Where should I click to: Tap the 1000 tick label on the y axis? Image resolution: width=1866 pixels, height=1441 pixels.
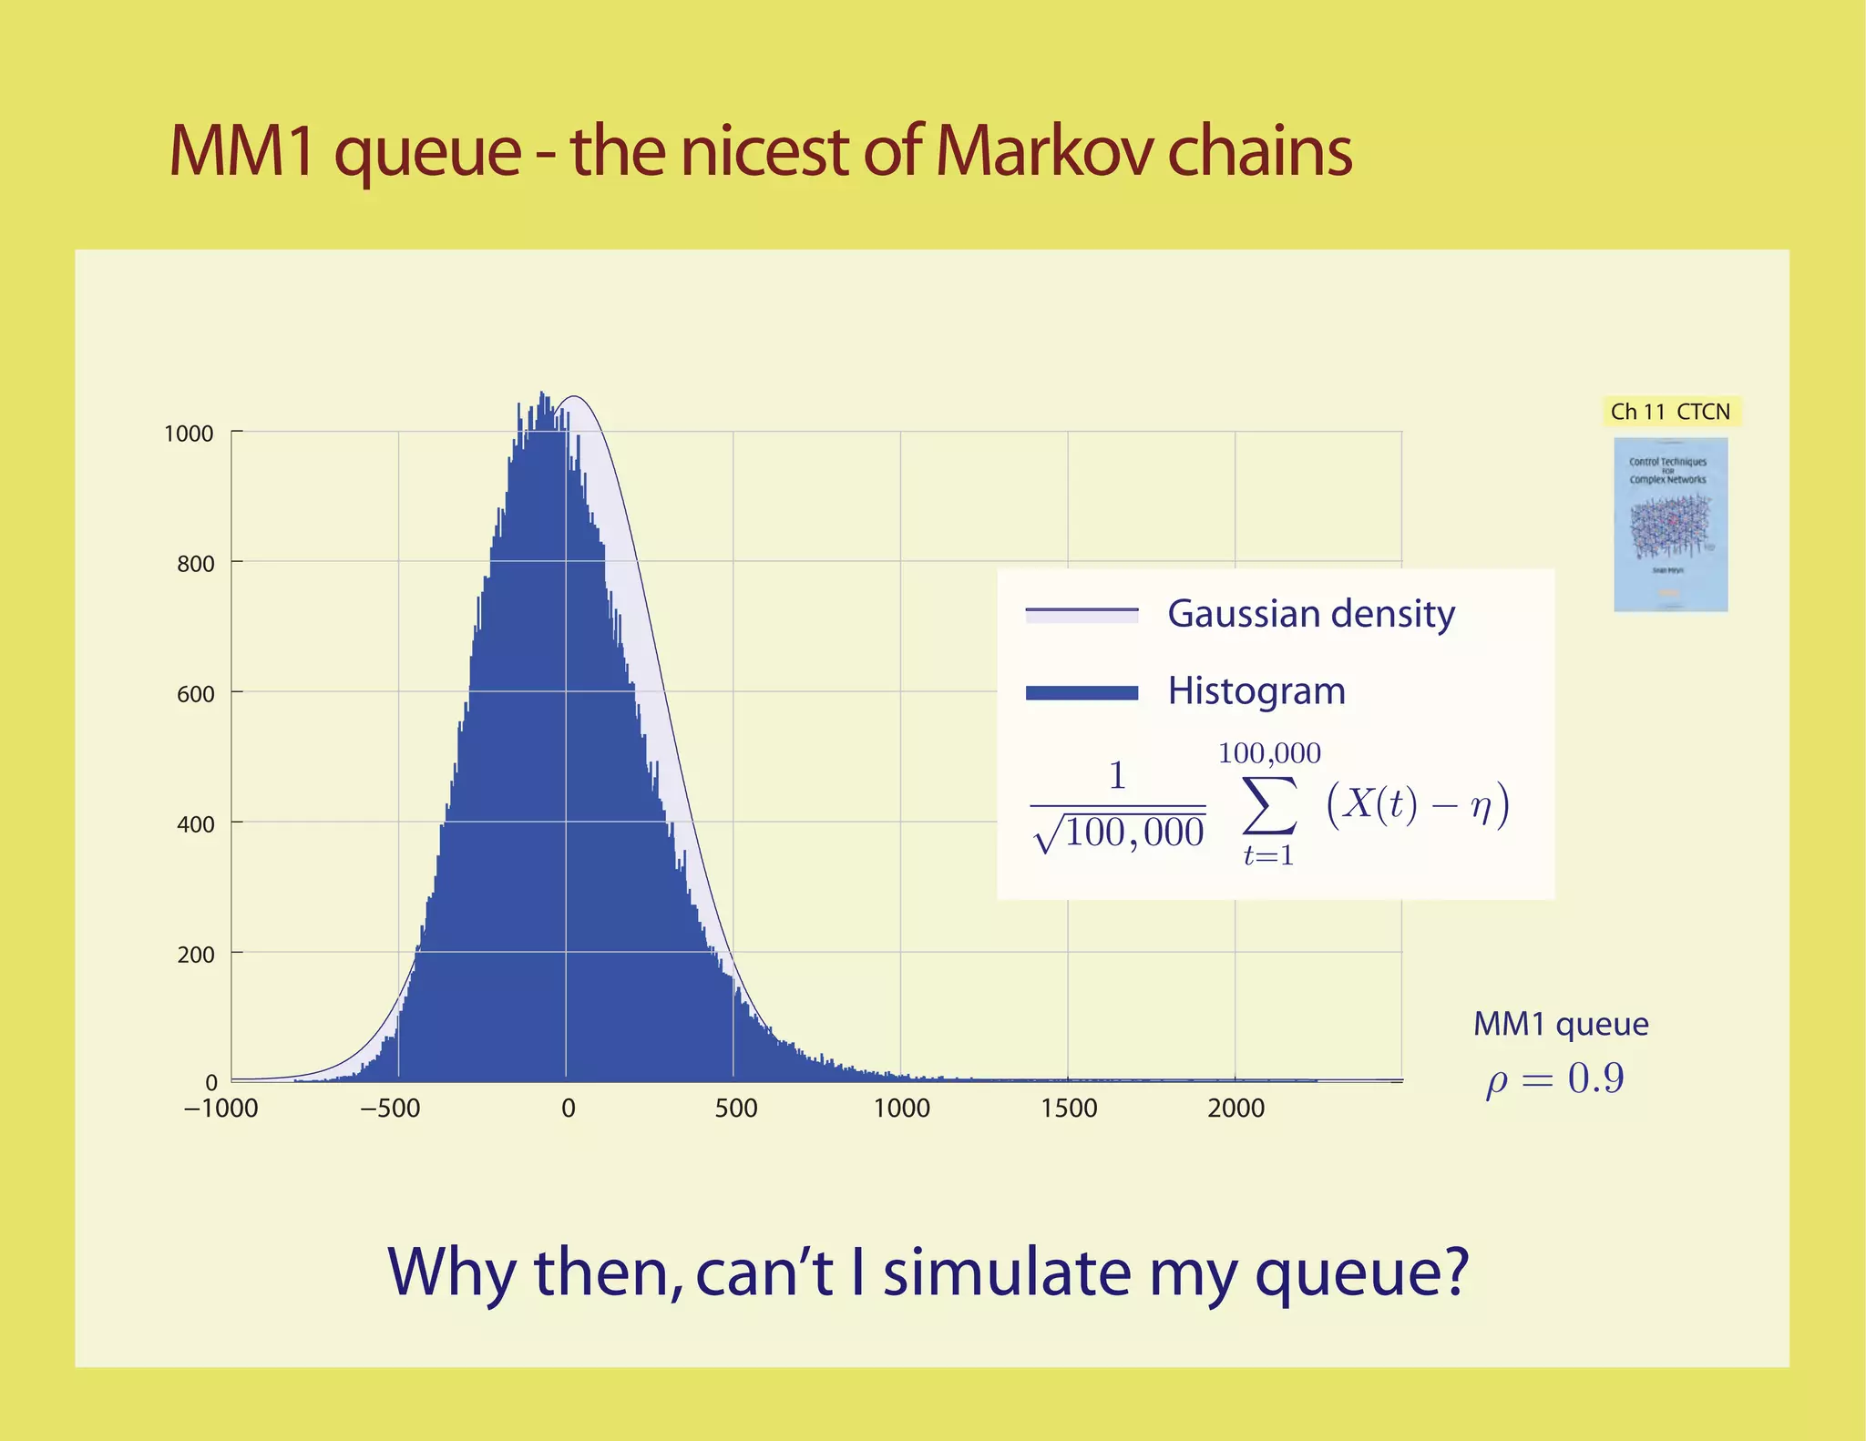[189, 434]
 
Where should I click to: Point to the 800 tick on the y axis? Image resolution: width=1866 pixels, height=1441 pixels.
[196, 564]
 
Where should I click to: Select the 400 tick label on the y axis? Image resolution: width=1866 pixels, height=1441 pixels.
[196, 824]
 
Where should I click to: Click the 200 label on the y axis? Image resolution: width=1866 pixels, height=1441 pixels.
[196, 955]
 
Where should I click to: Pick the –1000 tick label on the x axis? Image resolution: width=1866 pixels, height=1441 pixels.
[220, 1109]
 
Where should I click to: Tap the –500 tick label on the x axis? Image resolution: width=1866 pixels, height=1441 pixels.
[390, 1109]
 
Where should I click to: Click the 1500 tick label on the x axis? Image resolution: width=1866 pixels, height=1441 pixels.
[1069, 1109]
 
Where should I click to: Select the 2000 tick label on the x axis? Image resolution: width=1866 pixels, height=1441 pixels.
[1235, 1109]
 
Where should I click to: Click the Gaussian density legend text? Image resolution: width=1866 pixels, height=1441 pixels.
[1310, 614]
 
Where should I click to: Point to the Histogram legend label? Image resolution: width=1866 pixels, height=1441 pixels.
[1256, 691]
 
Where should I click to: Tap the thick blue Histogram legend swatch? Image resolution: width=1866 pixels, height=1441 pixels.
[1082, 693]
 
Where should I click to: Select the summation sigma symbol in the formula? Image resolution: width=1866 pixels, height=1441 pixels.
[1269, 805]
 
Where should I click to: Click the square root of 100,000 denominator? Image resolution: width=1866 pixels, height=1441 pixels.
[1120, 833]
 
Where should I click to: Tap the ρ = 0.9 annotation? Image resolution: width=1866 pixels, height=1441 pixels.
[1554, 1080]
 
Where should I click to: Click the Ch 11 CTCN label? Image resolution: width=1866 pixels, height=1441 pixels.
[1670, 412]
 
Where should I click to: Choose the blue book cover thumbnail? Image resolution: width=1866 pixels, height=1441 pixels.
[1670, 525]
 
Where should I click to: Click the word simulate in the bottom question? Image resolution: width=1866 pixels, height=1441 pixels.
[1007, 1272]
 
